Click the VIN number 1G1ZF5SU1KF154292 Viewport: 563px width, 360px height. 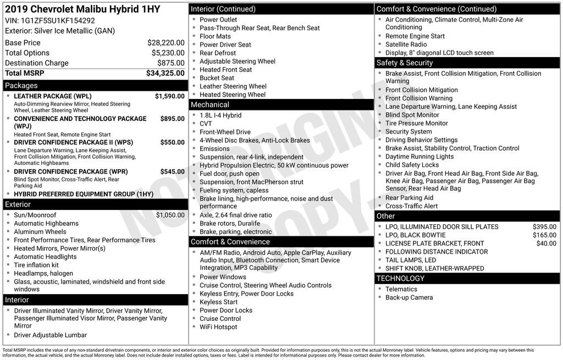tap(58, 21)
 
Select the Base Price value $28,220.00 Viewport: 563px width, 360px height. tap(165, 43)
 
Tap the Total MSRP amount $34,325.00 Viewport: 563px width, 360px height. tap(165, 73)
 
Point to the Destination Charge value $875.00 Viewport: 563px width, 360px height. tap(171, 63)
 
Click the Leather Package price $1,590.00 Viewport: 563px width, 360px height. tap(169, 96)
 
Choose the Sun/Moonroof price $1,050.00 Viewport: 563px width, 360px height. tap(170, 215)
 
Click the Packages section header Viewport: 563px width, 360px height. tap(21, 86)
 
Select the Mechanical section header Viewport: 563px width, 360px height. tap(210, 104)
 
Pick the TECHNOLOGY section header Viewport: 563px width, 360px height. tap(400, 279)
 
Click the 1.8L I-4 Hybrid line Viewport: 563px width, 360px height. tap(220, 115)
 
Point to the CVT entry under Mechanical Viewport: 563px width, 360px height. tap(206, 124)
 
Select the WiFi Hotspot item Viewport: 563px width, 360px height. tap(218, 327)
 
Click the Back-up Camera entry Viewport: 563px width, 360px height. tap(409, 297)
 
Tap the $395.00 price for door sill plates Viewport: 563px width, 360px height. tap(544, 227)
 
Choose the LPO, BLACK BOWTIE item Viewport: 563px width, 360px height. tap(415, 235)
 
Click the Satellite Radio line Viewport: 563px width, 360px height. tap(406, 45)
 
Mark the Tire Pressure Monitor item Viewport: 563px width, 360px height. tap(416, 124)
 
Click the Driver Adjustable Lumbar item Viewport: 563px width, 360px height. tap(50, 335)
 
